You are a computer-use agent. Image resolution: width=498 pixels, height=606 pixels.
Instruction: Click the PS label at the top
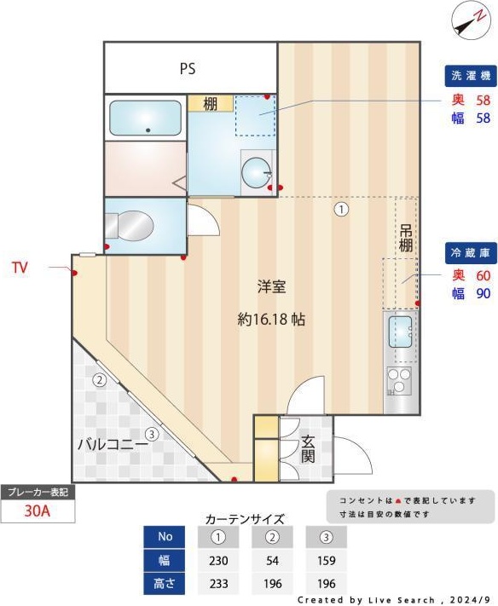point(188,69)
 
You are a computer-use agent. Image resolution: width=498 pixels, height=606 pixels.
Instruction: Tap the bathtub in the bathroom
point(146,118)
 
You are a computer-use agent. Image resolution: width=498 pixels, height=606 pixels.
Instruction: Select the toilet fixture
point(130,227)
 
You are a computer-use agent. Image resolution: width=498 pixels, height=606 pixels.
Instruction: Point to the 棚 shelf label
point(210,104)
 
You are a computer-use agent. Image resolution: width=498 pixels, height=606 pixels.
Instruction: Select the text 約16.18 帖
point(271,320)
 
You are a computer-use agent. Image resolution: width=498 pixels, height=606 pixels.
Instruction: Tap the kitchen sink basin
point(399,331)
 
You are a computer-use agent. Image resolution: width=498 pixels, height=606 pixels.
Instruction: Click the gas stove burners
point(398,380)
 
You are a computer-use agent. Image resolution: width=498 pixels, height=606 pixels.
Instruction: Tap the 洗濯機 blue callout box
point(469,76)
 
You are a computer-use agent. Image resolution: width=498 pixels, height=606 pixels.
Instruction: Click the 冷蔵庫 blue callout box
point(469,252)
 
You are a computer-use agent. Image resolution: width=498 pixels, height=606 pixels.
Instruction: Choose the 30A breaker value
point(38,512)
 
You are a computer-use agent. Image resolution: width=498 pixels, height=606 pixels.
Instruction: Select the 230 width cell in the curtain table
point(217,561)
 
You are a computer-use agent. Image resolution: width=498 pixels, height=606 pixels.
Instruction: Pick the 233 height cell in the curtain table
point(217,585)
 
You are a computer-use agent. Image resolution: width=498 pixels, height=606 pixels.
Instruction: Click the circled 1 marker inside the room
point(341,209)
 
